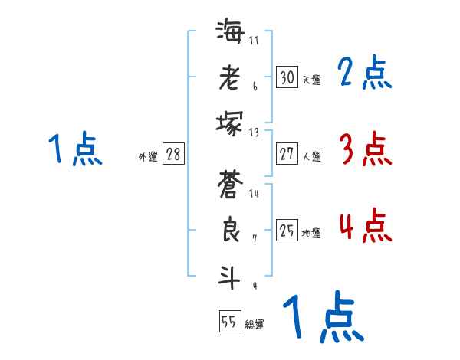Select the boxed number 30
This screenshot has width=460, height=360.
tap(287, 77)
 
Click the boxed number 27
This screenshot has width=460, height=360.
tap(287, 153)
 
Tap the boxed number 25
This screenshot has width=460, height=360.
tap(287, 231)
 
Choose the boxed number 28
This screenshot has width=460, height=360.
tap(173, 154)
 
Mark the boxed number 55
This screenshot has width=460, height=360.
tap(229, 322)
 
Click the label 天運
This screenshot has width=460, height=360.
tap(311, 80)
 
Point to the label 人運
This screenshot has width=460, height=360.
tap(311, 156)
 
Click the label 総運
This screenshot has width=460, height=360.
tap(255, 325)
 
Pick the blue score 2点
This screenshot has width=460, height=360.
tap(364, 74)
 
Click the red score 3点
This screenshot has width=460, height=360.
tap(364, 149)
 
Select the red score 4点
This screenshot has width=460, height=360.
tap(364, 227)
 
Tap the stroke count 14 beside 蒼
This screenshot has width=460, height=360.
tap(254, 194)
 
